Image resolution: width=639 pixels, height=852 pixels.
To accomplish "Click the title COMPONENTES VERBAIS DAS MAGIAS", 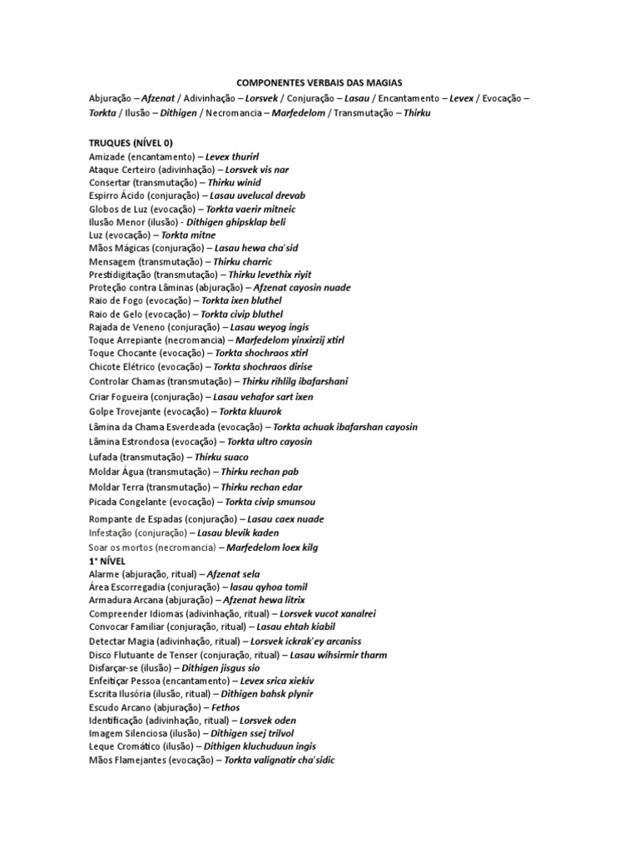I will [x=319, y=82].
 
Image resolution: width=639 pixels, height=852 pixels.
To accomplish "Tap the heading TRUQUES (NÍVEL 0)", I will [x=131, y=142].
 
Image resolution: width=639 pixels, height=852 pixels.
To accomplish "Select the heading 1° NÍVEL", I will [x=106, y=562].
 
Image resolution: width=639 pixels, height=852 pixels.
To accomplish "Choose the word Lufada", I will [x=103, y=457].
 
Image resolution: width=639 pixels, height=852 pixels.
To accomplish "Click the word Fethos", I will [x=225, y=707].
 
